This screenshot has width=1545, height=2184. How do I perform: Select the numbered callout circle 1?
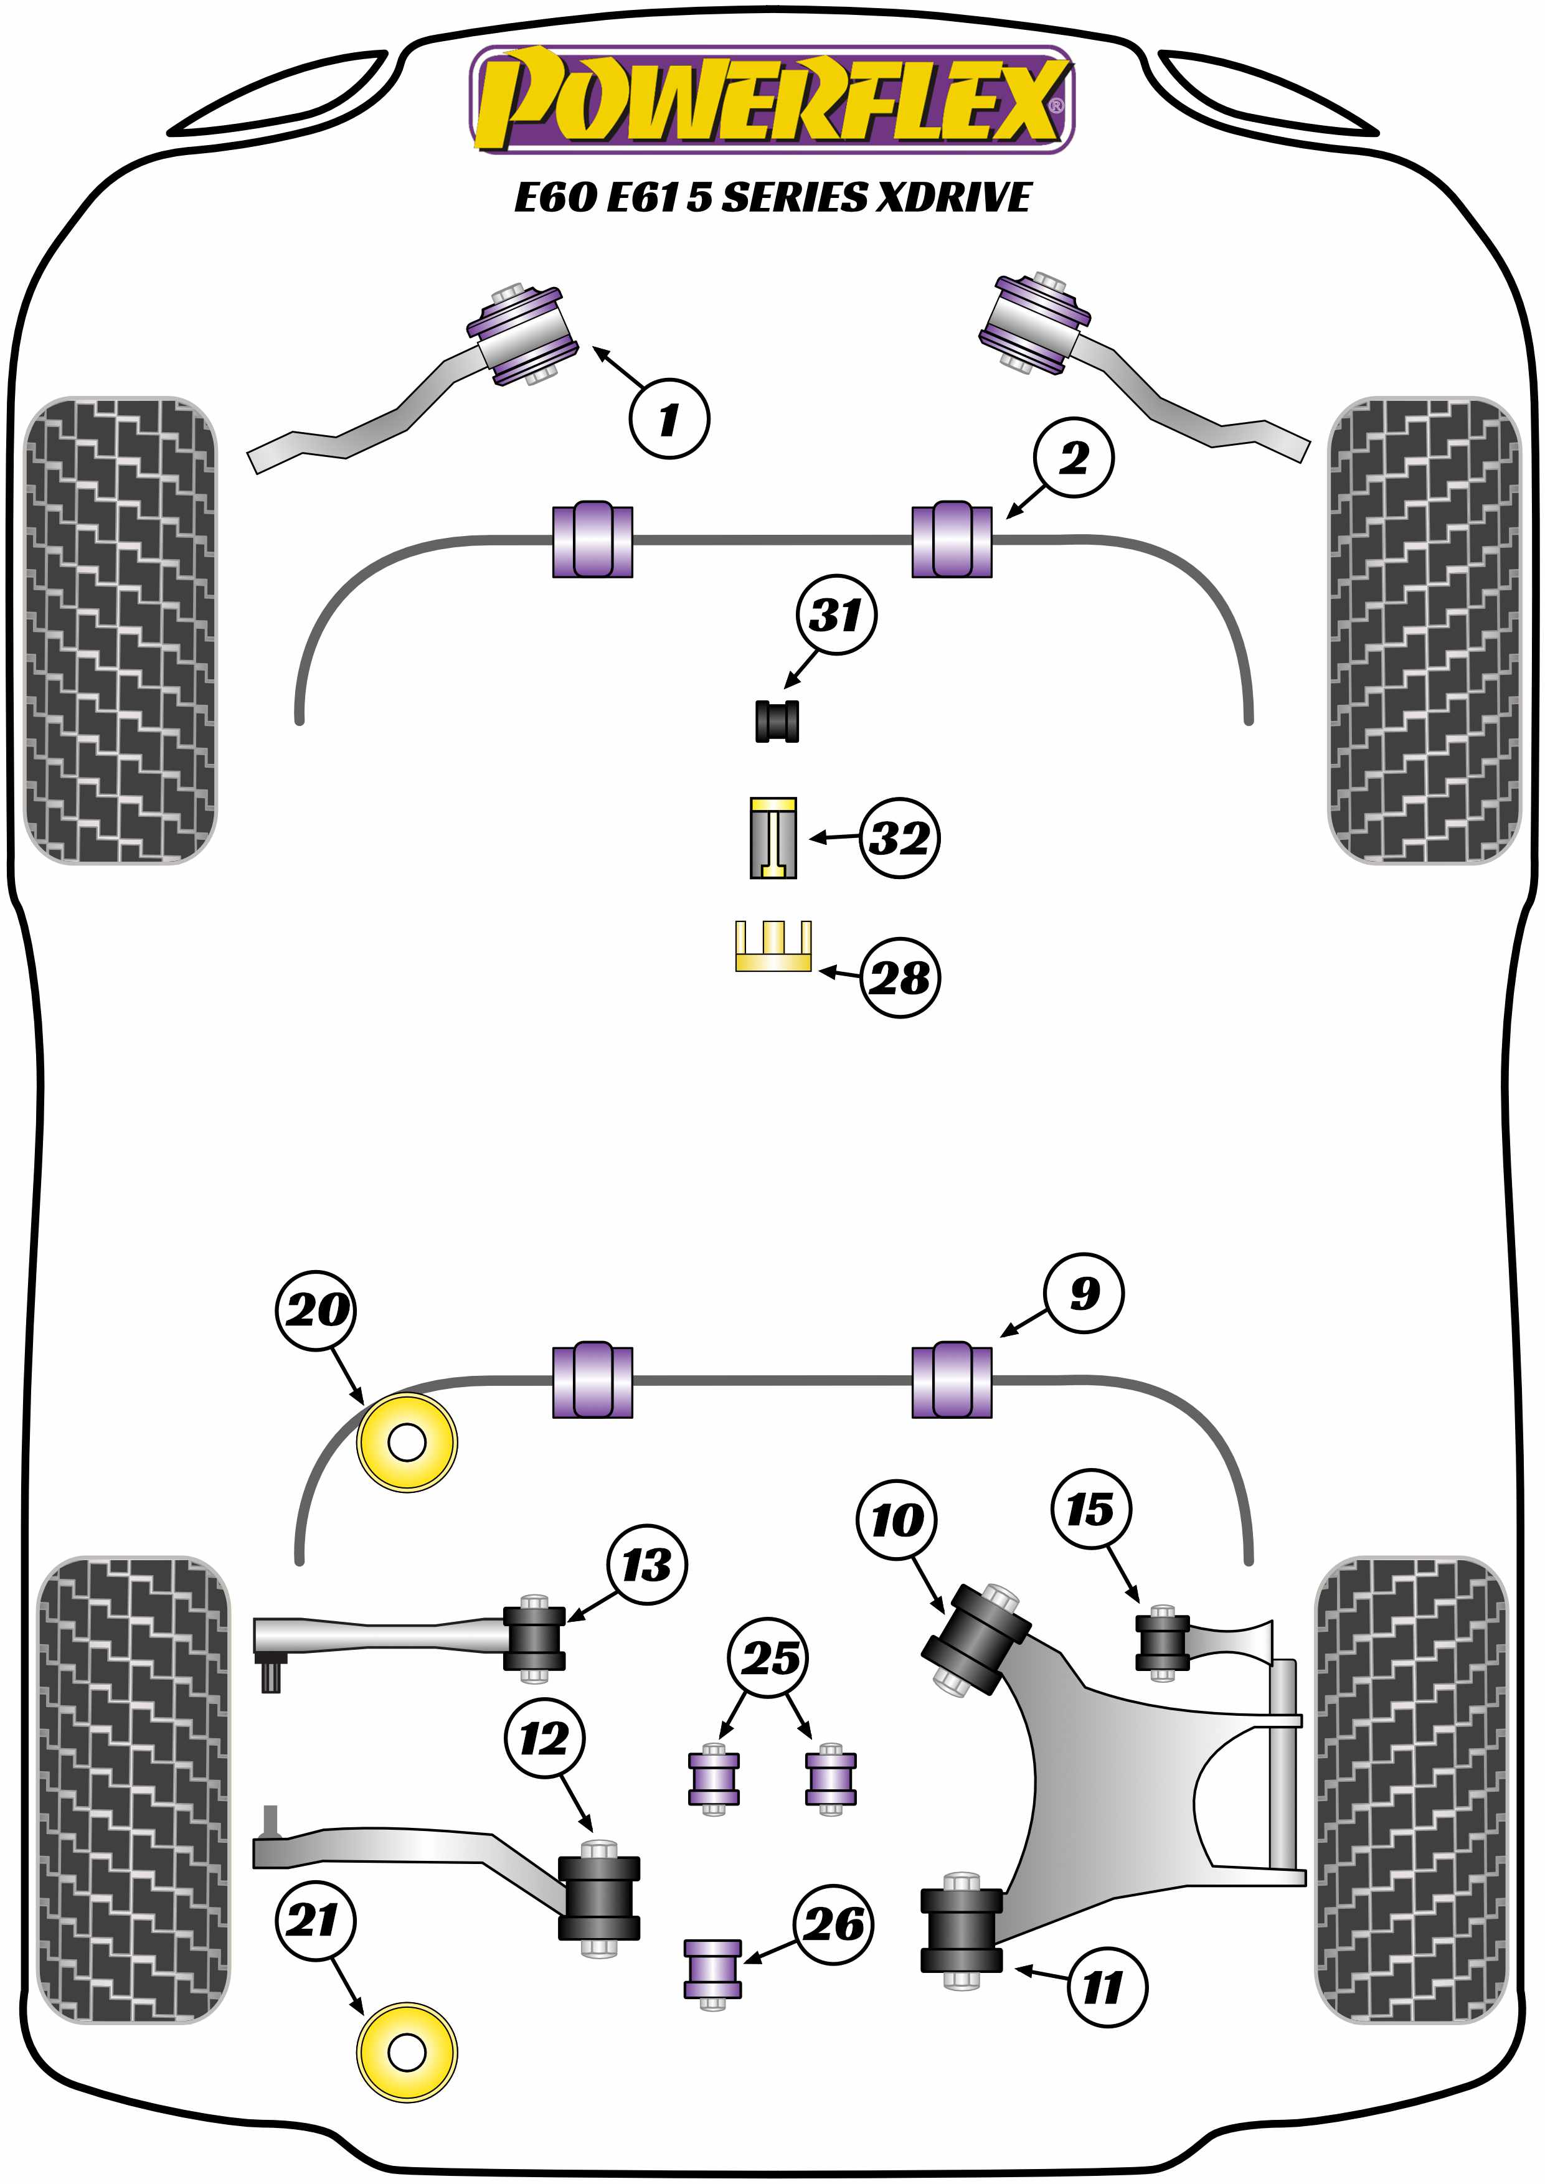(669, 418)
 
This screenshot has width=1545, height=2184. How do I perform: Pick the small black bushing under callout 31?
(777, 720)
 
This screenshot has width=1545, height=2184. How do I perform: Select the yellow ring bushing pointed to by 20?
(407, 1442)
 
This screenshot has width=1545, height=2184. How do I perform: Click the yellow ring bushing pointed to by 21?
(407, 2052)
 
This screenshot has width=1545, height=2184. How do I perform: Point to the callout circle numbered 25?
(768, 1658)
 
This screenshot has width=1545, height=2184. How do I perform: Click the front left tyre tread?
(120, 629)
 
